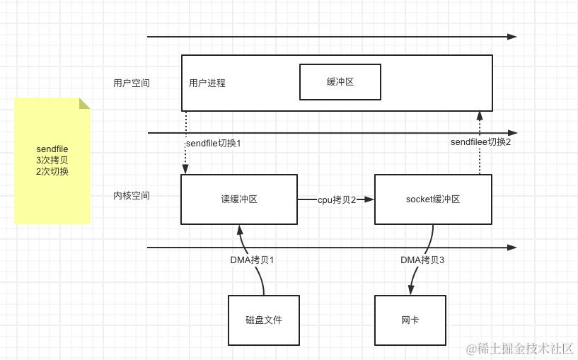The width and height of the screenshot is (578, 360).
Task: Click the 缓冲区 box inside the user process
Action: (x=340, y=82)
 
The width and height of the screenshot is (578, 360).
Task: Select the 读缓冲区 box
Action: (x=238, y=199)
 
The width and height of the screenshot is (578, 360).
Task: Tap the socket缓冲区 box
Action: (x=432, y=199)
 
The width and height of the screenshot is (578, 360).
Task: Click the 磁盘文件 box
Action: (x=263, y=320)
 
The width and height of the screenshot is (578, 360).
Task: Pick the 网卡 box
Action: (x=410, y=320)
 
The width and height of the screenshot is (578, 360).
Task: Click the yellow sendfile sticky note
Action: (x=52, y=161)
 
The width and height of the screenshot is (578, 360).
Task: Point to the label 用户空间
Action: (x=132, y=83)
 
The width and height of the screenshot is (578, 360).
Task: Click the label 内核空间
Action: (x=132, y=195)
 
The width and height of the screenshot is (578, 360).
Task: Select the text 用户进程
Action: (x=207, y=83)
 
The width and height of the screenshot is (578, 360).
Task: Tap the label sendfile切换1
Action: (x=213, y=143)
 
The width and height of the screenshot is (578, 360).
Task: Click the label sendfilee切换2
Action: (x=480, y=142)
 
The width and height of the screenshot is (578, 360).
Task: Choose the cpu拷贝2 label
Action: (x=336, y=200)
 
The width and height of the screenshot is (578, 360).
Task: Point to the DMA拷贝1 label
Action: (x=252, y=260)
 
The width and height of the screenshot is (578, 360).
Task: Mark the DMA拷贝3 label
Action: (x=422, y=260)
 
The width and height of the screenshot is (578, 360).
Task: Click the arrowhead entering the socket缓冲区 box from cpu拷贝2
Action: (x=370, y=200)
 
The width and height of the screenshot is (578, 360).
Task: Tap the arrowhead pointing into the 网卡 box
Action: (x=411, y=291)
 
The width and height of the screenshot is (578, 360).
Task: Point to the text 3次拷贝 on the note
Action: (x=52, y=161)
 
